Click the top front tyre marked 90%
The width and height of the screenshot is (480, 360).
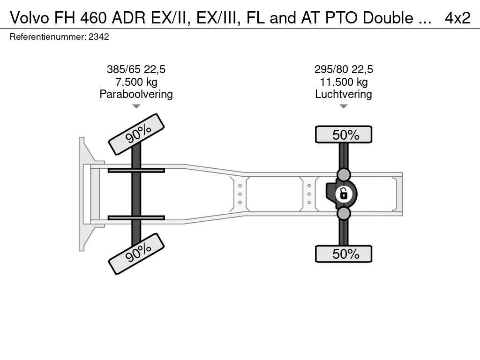point(136,134)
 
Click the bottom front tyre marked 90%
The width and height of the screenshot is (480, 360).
point(136,254)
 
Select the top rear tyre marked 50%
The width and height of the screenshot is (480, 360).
point(344,135)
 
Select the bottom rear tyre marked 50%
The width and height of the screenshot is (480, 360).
point(344,254)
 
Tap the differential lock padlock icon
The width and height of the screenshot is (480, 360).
point(344,194)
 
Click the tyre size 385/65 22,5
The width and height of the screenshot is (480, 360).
point(136,69)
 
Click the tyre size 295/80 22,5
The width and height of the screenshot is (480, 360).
point(344,69)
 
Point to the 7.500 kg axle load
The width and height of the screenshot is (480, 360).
point(136,82)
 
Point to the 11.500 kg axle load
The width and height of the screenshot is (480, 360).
point(344,82)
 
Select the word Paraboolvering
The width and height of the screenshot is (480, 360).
point(136,94)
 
